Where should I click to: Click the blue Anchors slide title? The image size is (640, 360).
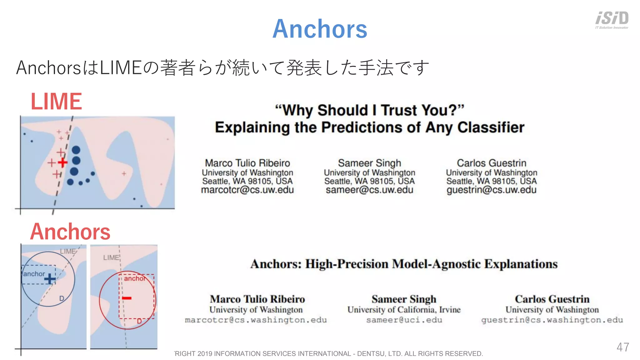pyautogui.click(x=320, y=29)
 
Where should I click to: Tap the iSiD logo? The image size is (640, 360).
pyautogui.click(x=612, y=19)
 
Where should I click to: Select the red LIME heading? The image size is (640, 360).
pyautogui.click(x=56, y=101)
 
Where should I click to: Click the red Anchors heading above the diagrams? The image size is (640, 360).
pyautogui.click(x=70, y=232)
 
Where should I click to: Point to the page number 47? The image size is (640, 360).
pyautogui.click(x=622, y=347)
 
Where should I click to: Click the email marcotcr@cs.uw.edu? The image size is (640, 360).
pyautogui.click(x=247, y=190)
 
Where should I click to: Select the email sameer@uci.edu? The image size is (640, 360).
pyautogui.click(x=404, y=320)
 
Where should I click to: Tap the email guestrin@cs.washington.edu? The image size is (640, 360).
pyautogui.click(x=552, y=320)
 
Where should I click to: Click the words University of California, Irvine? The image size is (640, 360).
pyautogui.click(x=404, y=309)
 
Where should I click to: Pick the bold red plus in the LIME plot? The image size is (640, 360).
pyautogui.click(x=62, y=162)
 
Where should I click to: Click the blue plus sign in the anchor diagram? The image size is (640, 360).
pyautogui.click(x=50, y=278)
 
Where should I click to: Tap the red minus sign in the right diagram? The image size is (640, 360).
pyautogui.click(x=127, y=298)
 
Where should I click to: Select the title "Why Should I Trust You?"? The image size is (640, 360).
pyautogui.click(x=369, y=110)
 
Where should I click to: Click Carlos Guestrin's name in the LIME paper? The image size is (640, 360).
pyautogui.click(x=491, y=163)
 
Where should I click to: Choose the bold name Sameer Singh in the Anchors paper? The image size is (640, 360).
pyautogui.click(x=404, y=299)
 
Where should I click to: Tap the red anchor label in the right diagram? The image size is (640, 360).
pyautogui.click(x=135, y=278)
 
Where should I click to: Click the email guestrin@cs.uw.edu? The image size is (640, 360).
pyautogui.click(x=491, y=190)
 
